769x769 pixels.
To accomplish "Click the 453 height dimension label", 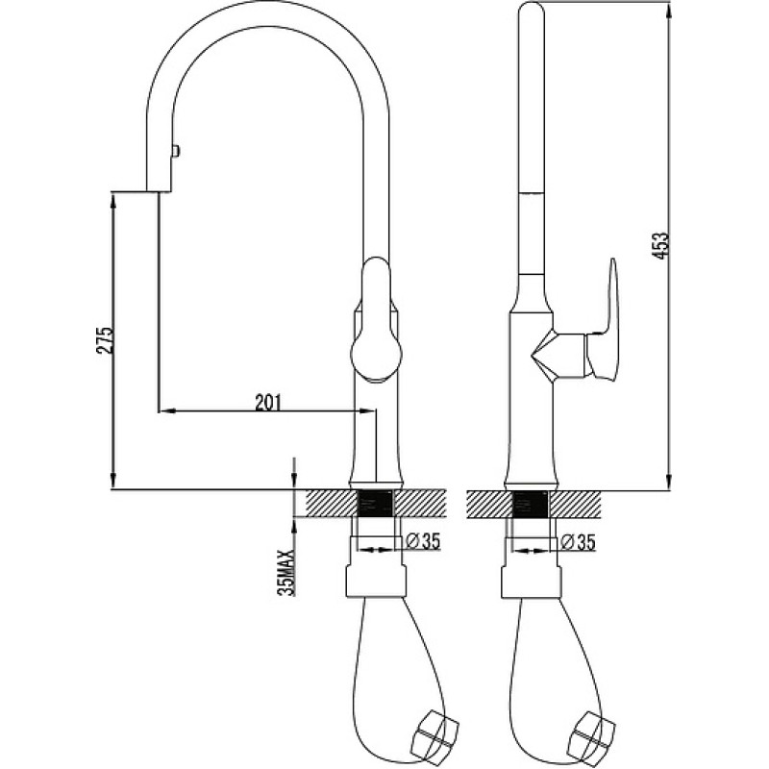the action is click(661, 246).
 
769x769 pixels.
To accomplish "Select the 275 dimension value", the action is click(105, 339).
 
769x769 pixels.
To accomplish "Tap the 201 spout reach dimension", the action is click(268, 402).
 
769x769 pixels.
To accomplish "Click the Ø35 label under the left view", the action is click(424, 541).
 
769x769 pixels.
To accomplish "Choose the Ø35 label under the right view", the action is click(579, 542).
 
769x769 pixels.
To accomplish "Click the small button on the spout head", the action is click(176, 150).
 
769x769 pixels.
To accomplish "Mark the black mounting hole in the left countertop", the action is click(377, 503).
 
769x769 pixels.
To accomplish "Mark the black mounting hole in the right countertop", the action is click(531, 503).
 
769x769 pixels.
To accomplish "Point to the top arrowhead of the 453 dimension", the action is click(669, 12).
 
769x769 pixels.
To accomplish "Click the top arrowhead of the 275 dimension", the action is click(113, 200).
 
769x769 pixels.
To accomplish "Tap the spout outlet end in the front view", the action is click(159, 190).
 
